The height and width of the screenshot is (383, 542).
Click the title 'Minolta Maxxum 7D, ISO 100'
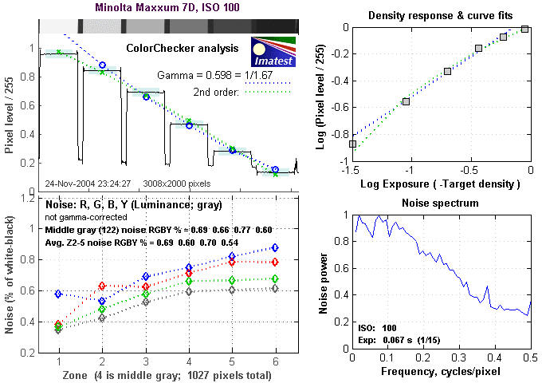(x=161, y=8)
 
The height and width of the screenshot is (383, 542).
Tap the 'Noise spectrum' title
(x=441, y=203)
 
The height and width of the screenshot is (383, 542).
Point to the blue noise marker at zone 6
(x=275, y=247)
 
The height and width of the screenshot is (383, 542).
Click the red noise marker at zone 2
(x=101, y=286)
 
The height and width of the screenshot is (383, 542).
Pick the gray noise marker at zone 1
(x=59, y=329)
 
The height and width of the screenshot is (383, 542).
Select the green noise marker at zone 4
(x=189, y=281)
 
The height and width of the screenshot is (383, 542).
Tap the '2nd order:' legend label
(x=218, y=91)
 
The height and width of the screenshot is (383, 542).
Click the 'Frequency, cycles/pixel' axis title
(x=441, y=373)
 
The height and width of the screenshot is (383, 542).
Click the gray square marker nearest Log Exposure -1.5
(x=353, y=144)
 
